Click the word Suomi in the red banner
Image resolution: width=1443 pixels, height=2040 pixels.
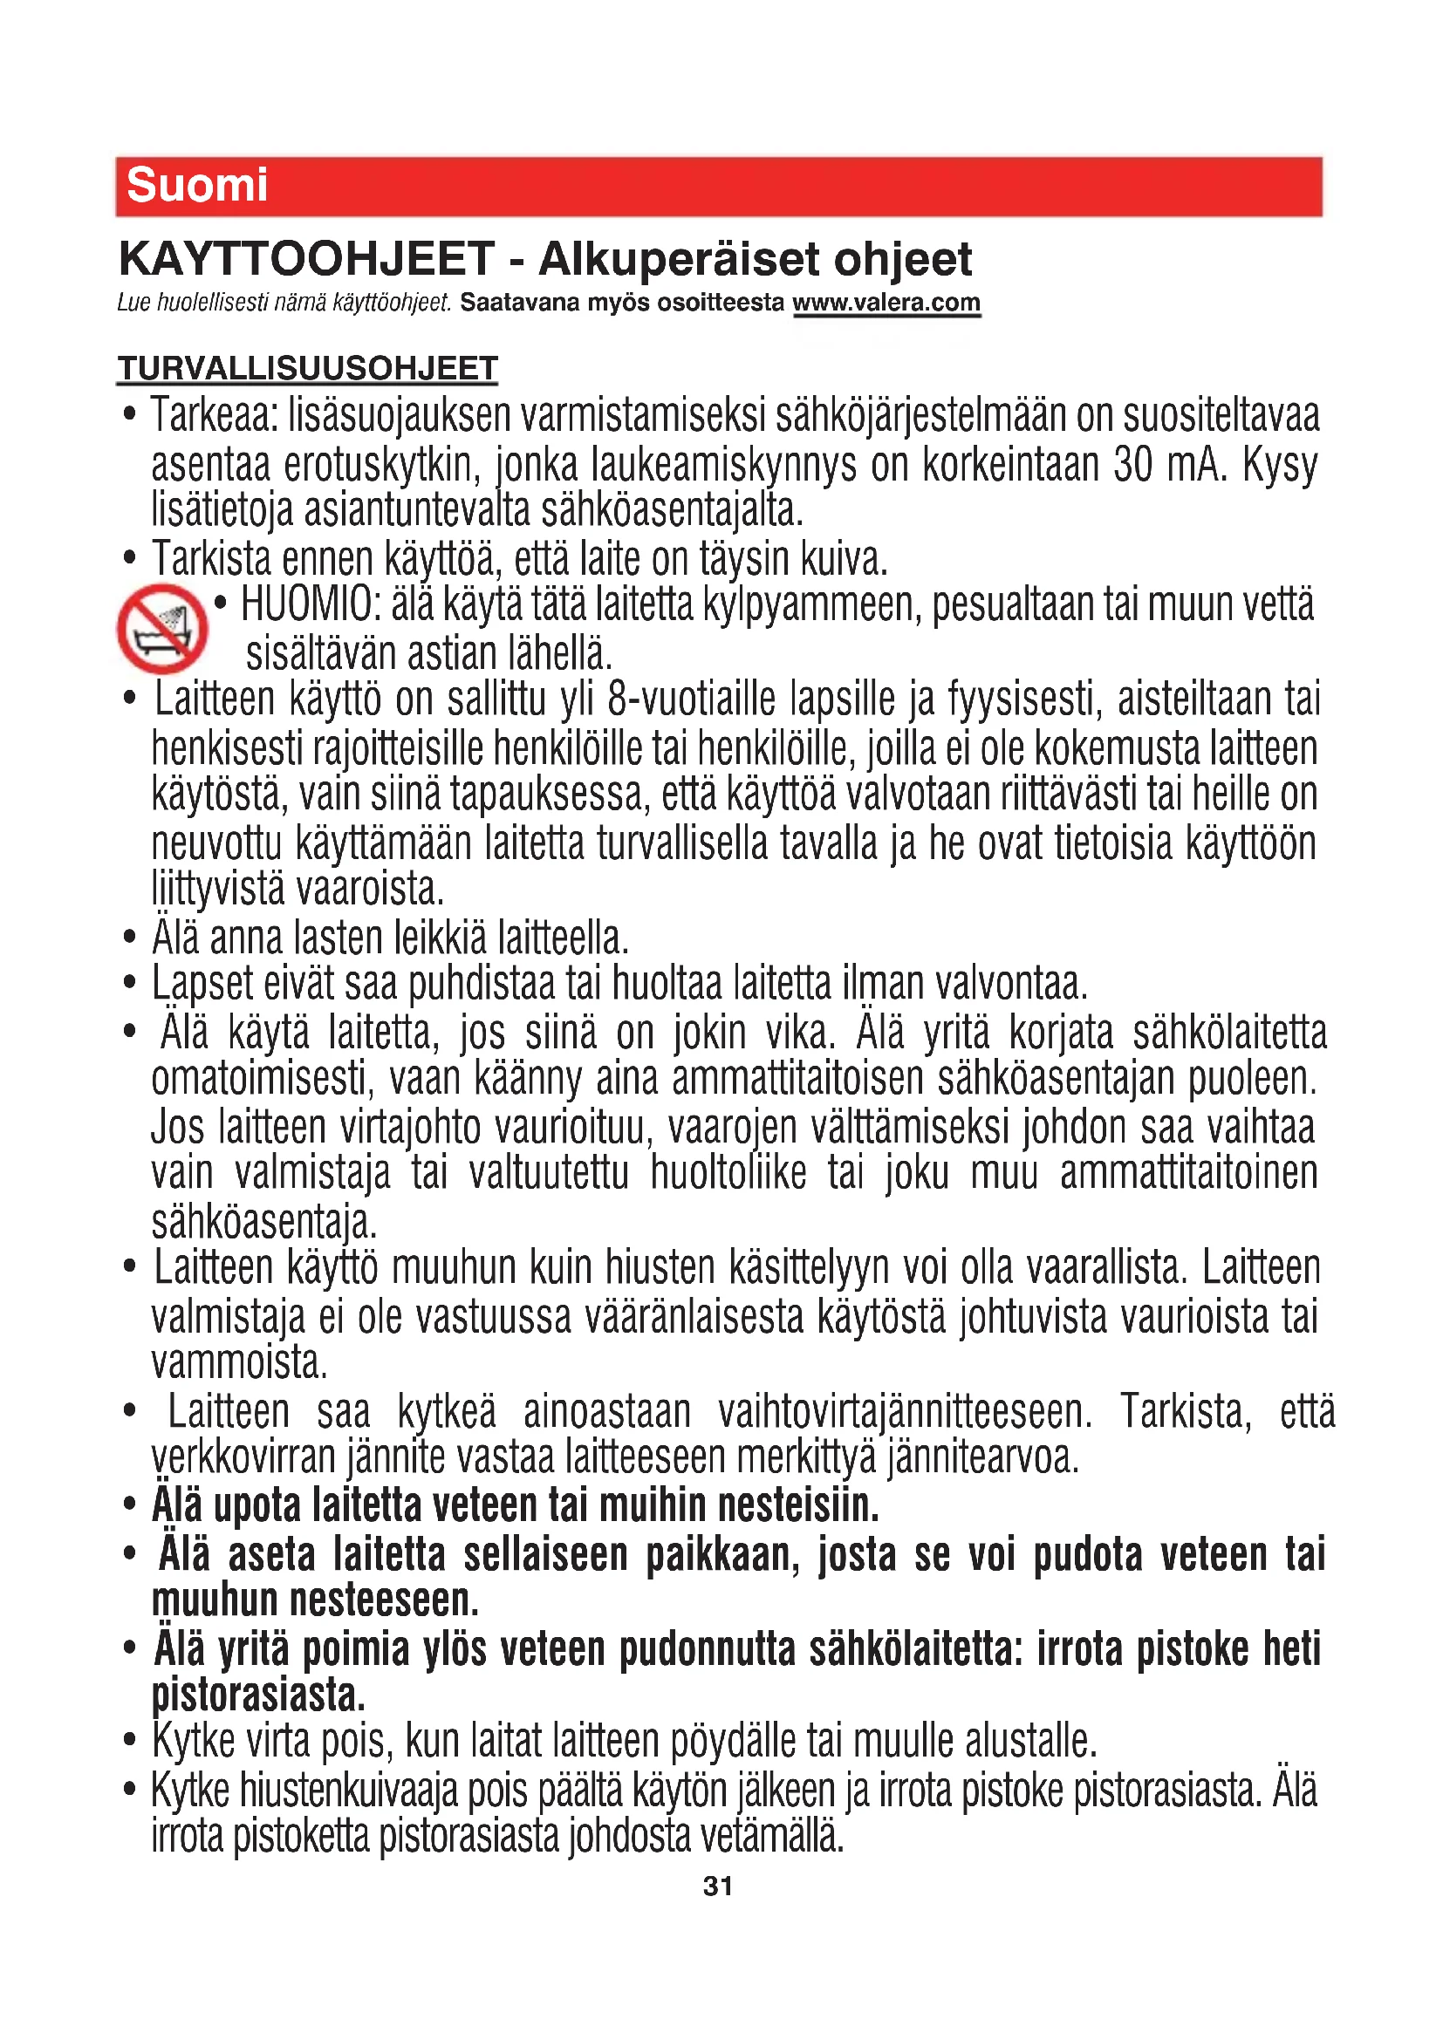(x=196, y=186)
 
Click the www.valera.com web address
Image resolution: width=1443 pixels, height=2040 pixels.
(x=886, y=303)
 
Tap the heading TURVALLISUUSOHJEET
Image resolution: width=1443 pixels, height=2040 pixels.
(x=307, y=369)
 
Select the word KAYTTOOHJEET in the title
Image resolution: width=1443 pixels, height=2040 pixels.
(x=306, y=259)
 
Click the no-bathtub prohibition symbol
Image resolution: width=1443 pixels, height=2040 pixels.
(x=161, y=628)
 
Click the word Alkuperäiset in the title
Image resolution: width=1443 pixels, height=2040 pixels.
(x=679, y=259)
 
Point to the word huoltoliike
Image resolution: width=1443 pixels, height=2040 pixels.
(x=728, y=1174)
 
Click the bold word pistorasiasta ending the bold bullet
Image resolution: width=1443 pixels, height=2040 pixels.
(x=258, y=1696)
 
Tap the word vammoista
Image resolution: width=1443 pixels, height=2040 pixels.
(x=239, y=1363)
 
